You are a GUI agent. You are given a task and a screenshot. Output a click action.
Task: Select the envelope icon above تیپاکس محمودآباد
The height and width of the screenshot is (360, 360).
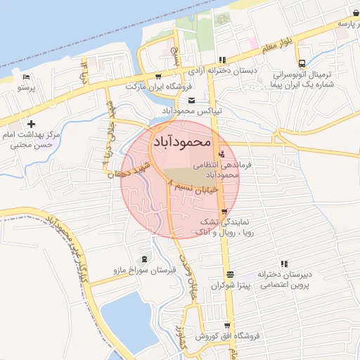point(191,101)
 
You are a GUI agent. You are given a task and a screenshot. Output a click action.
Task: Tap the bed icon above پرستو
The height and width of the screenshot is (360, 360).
point(26,77)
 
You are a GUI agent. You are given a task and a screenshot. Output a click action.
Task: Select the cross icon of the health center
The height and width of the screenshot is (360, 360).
point(31,124)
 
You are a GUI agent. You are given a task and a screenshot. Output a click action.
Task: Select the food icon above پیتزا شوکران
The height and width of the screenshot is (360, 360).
point(230,274)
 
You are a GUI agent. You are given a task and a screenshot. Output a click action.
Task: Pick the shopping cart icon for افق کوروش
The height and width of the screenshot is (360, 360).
point(226,325)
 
